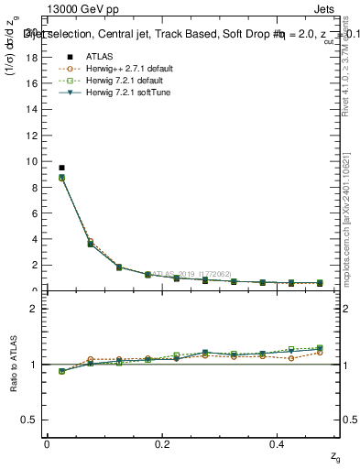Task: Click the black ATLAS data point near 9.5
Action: [x=61, y=168]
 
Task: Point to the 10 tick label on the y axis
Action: [x=32, y=161]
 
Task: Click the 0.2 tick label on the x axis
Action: [x=163, y=444]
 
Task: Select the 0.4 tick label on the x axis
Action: [x=279, y=444]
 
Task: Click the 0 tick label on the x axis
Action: [x=47, y=444]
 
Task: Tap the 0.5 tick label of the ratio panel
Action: [x=30, y=420]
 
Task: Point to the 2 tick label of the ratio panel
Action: [x=34, y=309]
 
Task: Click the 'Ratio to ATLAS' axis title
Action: [x=13, y=365]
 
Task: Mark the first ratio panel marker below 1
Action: [x=61, y=372]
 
